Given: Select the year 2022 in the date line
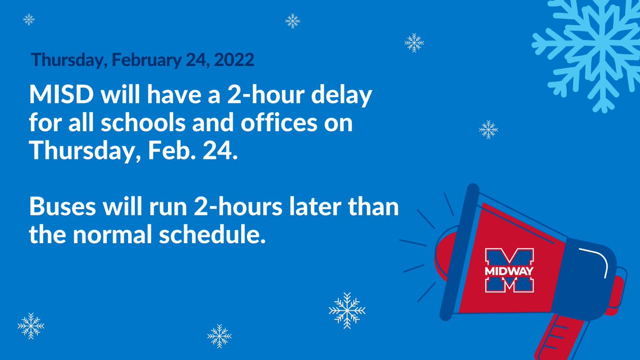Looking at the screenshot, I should (x=234, y=60).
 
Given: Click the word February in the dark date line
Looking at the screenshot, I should (x=139, y=60).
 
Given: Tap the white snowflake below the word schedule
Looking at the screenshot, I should (x=347, y=310).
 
